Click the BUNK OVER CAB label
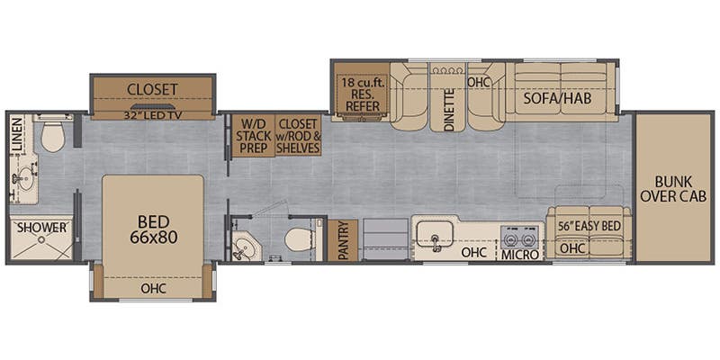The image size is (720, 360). click(673, 189)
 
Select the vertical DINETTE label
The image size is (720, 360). click(449, 109)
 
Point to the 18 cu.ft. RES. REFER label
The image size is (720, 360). click(362, 94)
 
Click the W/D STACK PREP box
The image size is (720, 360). click(253, 136)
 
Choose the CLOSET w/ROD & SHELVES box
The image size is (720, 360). click(298, 136)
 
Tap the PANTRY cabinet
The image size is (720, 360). click(343, 240)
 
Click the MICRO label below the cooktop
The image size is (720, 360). click(520, 255)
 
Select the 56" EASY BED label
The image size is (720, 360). click(589, 227)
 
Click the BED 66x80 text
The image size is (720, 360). click(152, 229)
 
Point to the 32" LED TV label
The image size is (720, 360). click(152, 115)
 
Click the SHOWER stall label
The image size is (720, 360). click(41, 228)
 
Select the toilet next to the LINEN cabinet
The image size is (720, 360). click(52, 134)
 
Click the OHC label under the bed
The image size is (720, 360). click(153, 289)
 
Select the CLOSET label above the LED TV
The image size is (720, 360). click(152, 89)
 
